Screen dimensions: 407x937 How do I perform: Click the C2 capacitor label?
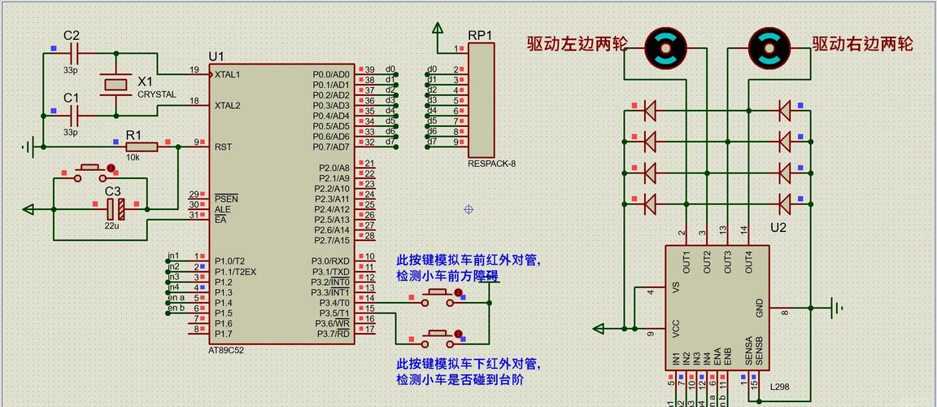click(x=72, y=35)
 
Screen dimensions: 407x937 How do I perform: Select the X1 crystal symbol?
click(x=115, y=83)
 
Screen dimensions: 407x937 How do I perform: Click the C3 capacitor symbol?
click(x=115, y=209)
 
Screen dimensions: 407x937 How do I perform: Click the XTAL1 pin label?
click(x=227, y=74)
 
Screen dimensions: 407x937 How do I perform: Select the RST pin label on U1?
click(x=223, y=147)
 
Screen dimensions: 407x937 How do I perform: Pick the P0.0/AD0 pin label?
click(x=331, y=74)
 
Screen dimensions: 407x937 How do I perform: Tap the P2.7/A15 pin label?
click(x=332, y=240)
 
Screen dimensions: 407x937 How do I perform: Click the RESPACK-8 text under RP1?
click(x=491, y=163)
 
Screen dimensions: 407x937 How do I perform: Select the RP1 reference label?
click(x=480, y=35)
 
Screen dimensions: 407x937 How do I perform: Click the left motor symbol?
click(x=665, y=47)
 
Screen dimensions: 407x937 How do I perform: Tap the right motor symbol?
click(x=769, y=47)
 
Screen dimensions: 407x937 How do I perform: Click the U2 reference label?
click(x=778, y=228)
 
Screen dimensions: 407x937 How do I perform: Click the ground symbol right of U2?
click(x=834, y=308)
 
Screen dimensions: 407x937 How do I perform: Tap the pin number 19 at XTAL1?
click(x=194, y=70)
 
